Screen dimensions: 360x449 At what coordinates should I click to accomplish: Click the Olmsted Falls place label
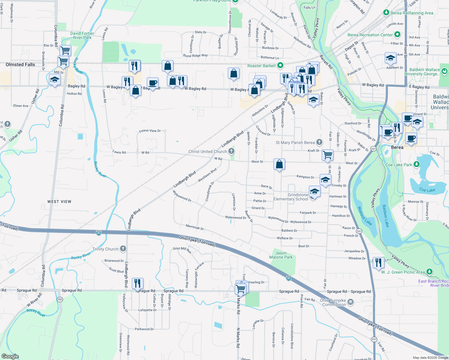(20, 64)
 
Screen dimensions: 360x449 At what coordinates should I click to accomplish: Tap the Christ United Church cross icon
(231, 151)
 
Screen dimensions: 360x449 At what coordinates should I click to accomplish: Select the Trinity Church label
(105, 249)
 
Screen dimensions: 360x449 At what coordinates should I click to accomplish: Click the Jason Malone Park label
(281, 255)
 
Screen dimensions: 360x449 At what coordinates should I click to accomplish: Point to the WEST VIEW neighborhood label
(59, 202)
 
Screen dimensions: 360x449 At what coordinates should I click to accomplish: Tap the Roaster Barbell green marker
(280, 65)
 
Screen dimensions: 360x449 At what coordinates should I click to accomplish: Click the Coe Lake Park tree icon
(416, 164)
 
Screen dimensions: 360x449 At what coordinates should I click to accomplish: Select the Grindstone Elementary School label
(291, 197)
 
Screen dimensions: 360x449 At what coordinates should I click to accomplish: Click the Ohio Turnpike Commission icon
(350, 301)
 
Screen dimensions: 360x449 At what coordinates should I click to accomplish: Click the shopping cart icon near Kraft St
(327, 155)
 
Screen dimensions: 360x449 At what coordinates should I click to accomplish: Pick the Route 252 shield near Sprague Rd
(60, 299)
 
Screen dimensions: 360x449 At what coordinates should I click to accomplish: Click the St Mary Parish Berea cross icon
(319, 142)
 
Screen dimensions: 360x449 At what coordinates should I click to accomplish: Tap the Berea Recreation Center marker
(397, 34)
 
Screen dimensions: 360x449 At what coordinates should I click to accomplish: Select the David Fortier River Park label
(82, 35)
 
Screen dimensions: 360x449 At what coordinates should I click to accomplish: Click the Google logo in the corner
(10, 356)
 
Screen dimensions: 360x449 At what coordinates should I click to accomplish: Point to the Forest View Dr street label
(150, 131)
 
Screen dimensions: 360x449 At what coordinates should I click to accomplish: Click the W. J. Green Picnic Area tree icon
(429, 272)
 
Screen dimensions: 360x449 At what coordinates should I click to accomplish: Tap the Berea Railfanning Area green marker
(386, 13)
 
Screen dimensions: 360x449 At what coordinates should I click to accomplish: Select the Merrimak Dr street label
(195, 227)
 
